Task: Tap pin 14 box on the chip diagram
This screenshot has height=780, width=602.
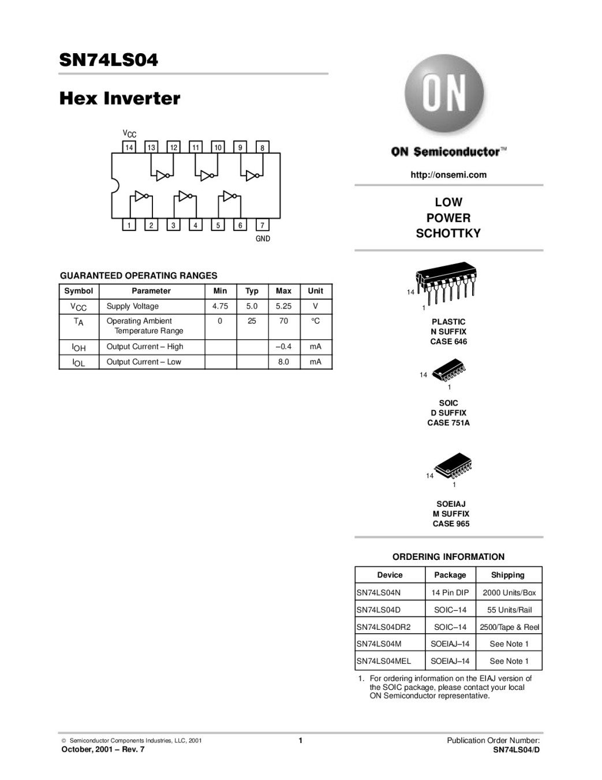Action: [129, 147]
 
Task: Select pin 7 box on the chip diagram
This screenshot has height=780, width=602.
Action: [262, 225]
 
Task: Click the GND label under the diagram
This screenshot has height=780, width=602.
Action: [263, 239]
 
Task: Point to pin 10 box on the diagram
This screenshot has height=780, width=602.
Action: [218, 147]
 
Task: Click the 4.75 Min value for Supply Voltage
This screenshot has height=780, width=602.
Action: [220, 306]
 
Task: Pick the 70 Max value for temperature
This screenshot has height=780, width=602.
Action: [283, 321]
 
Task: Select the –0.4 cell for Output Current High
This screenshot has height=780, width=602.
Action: [283, 347]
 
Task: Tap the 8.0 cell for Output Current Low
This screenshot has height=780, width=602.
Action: [283, 362]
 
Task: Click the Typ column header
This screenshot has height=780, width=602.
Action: [252, 291]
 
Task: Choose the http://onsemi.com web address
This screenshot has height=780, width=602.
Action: [448, 174]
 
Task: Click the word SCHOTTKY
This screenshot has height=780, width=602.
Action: [448, 234]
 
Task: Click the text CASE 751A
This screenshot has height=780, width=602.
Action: [448, 423]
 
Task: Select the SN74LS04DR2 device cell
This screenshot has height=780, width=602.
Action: [383, 627]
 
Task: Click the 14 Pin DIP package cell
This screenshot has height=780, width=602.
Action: [450, 593]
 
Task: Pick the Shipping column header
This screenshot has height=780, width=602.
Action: [508, 575]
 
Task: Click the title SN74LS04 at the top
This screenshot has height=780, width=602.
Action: [109, 60]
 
